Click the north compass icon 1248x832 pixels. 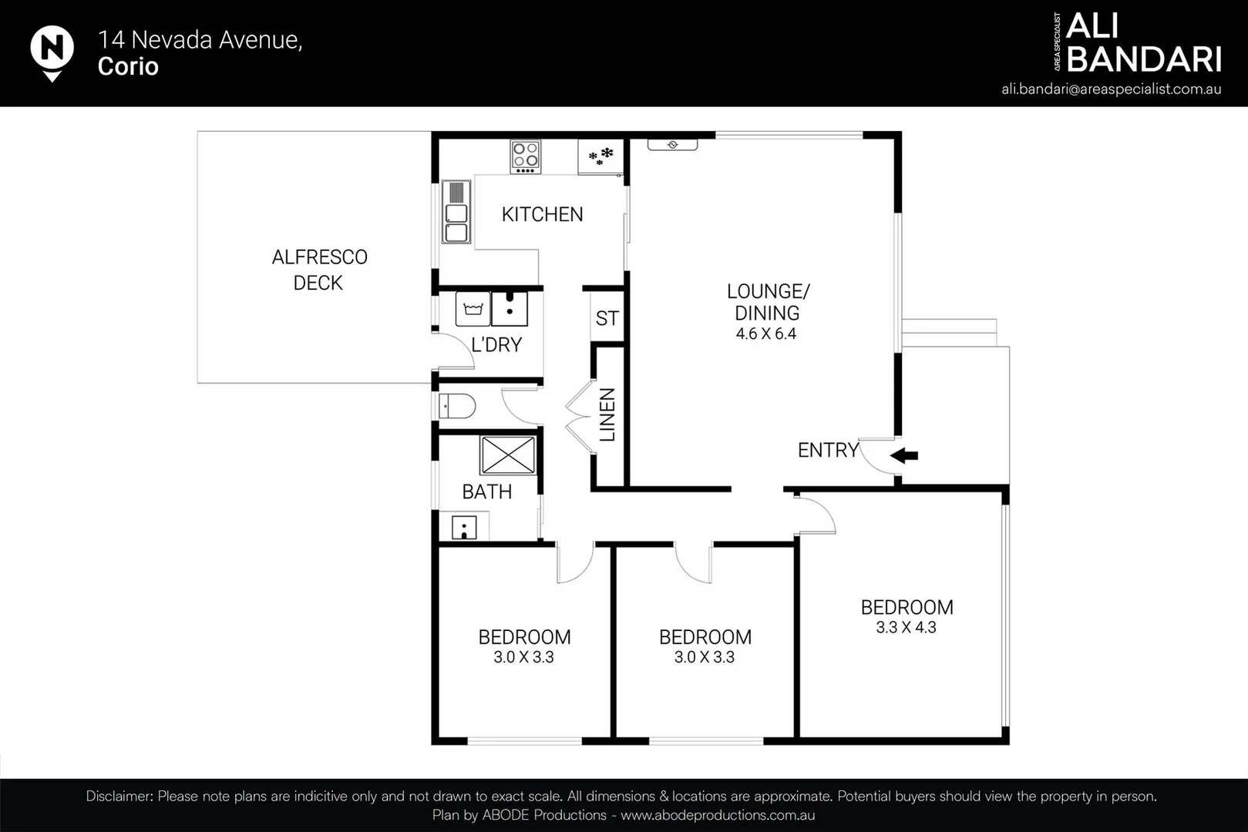52,52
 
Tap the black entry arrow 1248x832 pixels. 903,455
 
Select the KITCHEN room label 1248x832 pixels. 542,214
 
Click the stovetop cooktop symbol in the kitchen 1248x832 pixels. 526,156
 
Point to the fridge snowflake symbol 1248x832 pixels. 600,156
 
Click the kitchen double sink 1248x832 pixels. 456,212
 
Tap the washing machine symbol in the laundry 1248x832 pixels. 473,309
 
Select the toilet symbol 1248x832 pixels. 457,406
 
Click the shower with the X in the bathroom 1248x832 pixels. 507,455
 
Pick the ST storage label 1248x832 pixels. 607,318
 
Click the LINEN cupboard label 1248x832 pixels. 607,415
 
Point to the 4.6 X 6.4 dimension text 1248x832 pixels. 766,334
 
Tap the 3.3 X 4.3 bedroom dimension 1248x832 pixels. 906,628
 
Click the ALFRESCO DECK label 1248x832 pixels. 319,270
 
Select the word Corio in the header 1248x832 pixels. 128,66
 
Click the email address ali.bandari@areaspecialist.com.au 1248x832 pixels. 1112,89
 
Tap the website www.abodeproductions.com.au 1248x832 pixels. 718,815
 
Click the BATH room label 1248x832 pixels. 487,492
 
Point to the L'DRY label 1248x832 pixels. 496,345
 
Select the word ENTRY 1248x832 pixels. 829,450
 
